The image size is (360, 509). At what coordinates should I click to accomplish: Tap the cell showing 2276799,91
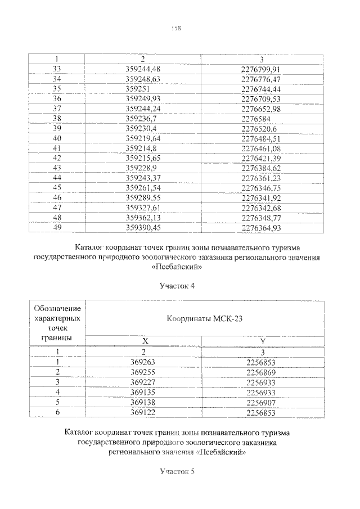(260, 69)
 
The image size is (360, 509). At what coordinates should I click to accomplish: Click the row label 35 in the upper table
(57, 89)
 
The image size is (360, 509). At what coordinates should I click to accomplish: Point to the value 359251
(137, 89)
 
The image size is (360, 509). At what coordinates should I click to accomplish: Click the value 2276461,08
(260, 147)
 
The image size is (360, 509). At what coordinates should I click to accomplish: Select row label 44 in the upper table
(57, 177)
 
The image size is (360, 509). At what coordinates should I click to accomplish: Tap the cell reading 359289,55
(143, 197)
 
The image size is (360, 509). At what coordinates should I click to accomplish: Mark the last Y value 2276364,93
(260, 227)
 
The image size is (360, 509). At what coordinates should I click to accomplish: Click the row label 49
(57, 227)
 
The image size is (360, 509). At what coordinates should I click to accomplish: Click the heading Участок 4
(177, 286)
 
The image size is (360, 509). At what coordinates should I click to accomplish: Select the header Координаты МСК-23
(205, 318)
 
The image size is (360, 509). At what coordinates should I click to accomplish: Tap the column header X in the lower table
(145, 341)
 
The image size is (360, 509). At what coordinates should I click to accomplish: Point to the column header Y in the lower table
(262, 341)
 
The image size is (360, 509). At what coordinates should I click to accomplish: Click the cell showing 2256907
(262, 403)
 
